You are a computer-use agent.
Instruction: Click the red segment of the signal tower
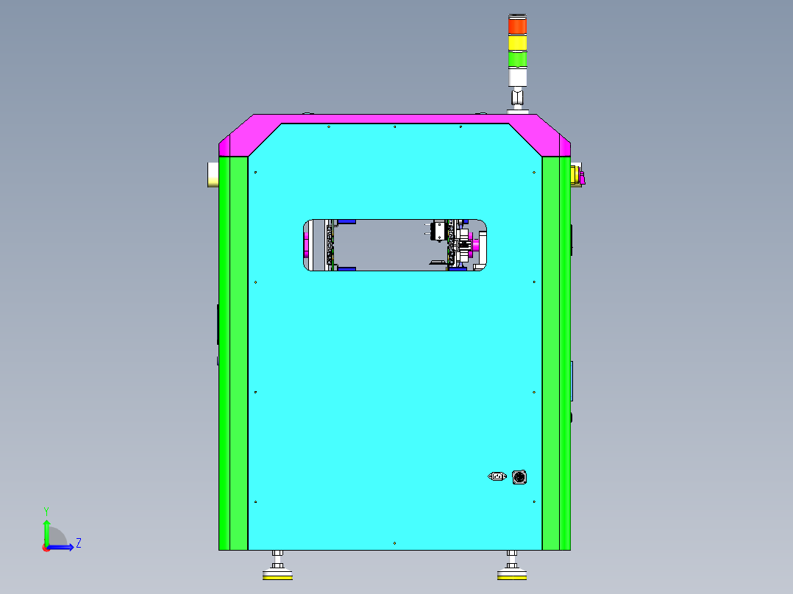[x=517, y=26]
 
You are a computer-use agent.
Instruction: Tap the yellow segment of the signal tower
[x=517, y=43]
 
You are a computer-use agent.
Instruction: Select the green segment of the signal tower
[x=517, y=59]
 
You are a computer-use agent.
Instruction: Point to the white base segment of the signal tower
[x=517, y=77]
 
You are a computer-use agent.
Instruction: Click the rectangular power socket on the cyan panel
[x=497, y=476]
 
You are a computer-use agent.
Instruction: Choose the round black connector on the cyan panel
[x=519, y=477]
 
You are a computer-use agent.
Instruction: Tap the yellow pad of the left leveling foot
[x=277, y=577]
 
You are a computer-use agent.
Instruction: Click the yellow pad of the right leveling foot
[x=512, y=577]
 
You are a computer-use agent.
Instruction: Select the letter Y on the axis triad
[x=46, y=510]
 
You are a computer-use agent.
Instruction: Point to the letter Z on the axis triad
[x=79, y=543]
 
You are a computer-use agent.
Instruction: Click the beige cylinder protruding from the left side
[x=212, y=174]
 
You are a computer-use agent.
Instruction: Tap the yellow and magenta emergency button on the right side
[x=577, y=175]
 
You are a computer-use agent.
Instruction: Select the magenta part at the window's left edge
[x=305, y=245]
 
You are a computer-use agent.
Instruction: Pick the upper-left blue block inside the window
[x=346, y=221]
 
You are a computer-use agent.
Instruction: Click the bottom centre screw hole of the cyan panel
[x=395, y=543]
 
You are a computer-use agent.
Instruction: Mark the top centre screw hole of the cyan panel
[x=395, y=127]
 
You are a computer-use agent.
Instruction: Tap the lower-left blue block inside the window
[x=346, y=268]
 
